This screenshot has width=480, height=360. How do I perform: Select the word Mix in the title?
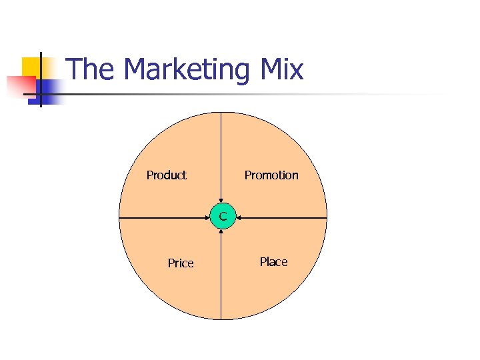(279, 70)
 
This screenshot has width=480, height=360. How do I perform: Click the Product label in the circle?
(167, 175)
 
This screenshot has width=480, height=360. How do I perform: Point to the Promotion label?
(271, 175)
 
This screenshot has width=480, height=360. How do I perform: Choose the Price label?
(181, 263)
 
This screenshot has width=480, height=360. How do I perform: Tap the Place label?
(273, 262)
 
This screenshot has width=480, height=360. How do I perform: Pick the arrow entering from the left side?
(167, 217)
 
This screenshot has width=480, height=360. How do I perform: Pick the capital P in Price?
(171, 263)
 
